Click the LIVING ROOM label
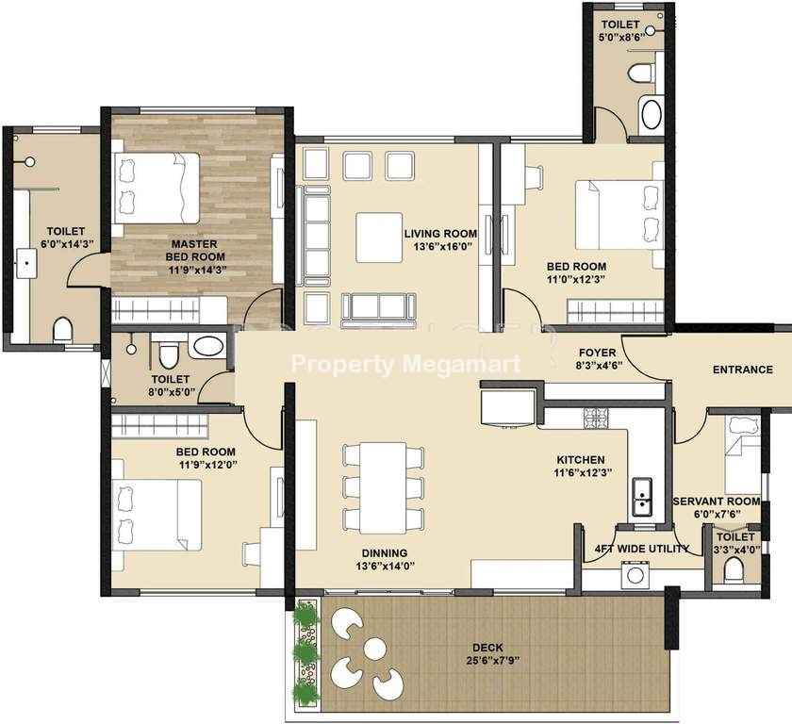(x=440, y=234)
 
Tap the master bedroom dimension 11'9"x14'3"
(x=197, y=271)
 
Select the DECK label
(x=488, y=648)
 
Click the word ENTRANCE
(x=743, y=370)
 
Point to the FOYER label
(x=598, y=353)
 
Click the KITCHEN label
(x=581, y=460)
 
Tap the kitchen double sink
(x=641, y=497)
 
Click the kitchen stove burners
(x=596, y=418)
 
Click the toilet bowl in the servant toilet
(x=734, y=571)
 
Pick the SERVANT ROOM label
(x=717, y=502)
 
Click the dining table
(x=383, y=487)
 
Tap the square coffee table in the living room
(x=379, y=238)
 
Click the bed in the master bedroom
(x=157, y=188)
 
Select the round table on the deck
(x=375, y=649)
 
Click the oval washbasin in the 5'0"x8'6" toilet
(x=652, y=115)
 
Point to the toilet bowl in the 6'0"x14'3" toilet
(x=63, y=329)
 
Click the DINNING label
(x=385, y=553)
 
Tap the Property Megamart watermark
(x=406, y=364)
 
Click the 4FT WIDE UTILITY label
(x=642, y=549)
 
